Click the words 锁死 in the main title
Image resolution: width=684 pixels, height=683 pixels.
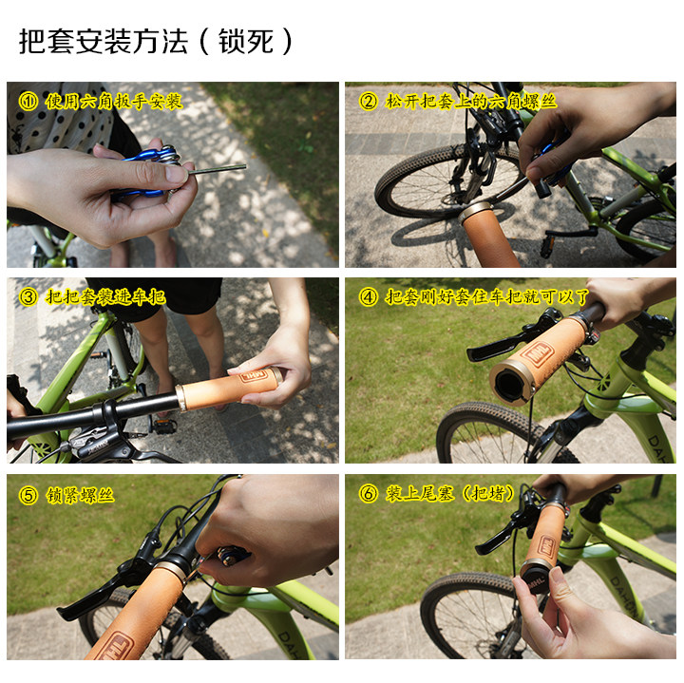pos(259,42)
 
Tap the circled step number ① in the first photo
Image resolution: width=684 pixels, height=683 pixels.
pos(29,101)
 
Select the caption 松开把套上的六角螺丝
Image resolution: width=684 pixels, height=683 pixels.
pos(471,101)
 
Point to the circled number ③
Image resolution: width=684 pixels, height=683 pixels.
pos(29,297)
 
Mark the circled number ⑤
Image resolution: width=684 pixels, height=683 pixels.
pos(29,494)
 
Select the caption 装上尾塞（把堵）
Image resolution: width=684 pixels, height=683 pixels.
pos(450,494)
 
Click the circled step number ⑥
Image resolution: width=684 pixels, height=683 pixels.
pos(368,494)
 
